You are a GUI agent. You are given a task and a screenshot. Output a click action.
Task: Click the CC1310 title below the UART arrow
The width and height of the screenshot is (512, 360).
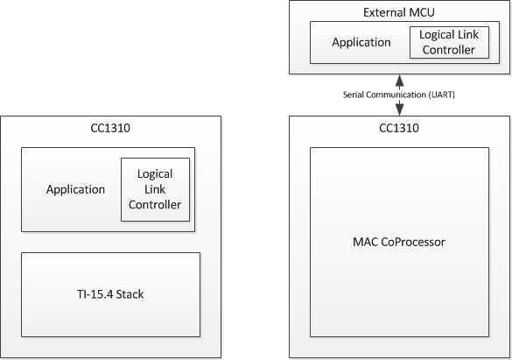(x=399, y=128)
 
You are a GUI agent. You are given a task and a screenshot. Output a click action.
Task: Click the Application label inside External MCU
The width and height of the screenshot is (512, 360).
(x=361, y=42)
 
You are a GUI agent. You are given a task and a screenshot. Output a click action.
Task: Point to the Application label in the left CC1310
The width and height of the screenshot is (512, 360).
(x=76, y=189)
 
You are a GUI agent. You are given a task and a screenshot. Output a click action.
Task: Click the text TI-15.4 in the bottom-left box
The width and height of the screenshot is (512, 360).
(x=95, y=294)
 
